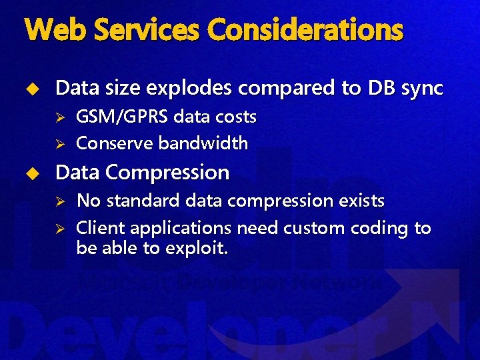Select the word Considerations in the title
pos(305,29)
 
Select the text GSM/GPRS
pos(123,117)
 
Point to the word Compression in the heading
pos(172,173)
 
